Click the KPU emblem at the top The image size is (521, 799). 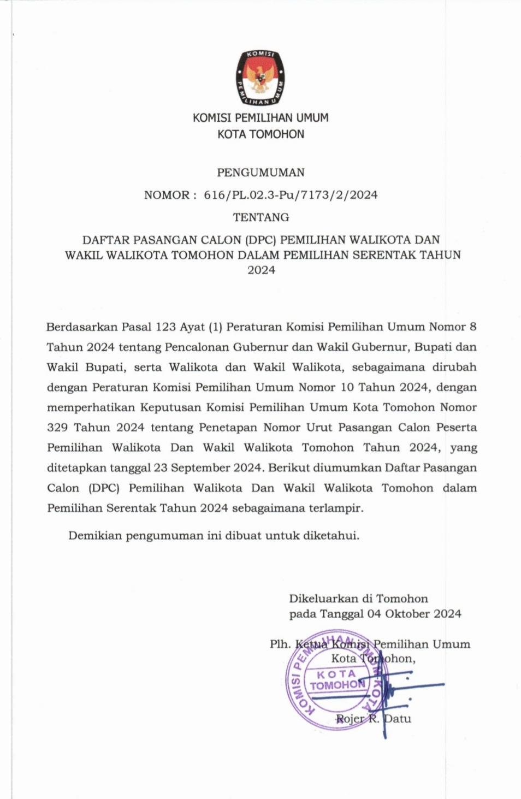coord(260,79)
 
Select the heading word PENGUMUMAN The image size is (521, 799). coord(260,173)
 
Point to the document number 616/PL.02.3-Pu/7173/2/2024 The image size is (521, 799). coord(291,195)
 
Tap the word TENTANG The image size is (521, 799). coord(260,217)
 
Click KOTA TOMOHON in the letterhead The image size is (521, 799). coord(260,134)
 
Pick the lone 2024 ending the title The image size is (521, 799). coord(261,270)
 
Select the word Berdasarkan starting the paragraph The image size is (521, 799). coord(81,327)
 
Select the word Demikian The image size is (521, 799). coord(94,536)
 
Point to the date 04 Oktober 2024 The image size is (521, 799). coord(414,614)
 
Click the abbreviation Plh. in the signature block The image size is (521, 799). coord(280,644)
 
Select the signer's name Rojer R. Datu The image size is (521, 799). coord(373,719)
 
